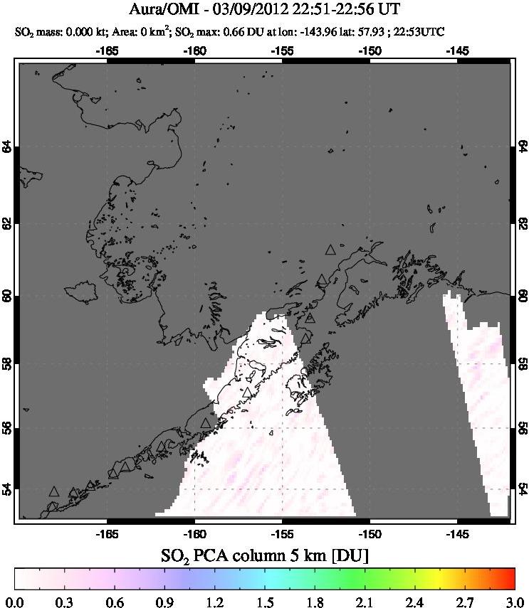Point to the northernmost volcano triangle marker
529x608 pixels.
point(330,250)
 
